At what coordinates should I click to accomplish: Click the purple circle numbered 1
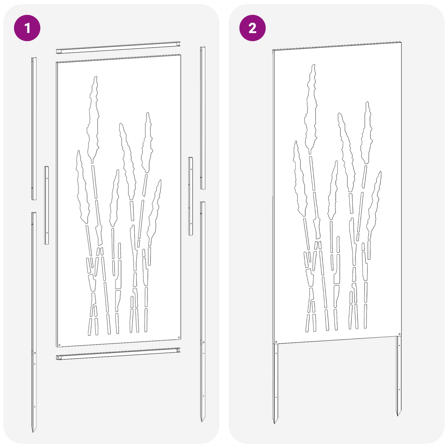click(27, 28)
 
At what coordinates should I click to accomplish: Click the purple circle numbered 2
click(252, 28)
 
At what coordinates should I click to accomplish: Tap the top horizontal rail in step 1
click(118, 48)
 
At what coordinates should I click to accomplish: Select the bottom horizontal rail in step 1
click(118, 354)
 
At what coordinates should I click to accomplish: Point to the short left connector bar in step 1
click(46, 205)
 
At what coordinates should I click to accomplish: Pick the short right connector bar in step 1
click(190, 196)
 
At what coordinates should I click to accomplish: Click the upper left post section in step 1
click(34, 129)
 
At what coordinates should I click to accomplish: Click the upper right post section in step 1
click(203, 118)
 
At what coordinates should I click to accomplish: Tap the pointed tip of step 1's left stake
click(33, 431)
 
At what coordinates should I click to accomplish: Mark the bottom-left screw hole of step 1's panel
click(59, 345)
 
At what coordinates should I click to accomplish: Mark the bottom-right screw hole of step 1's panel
click(178, 337)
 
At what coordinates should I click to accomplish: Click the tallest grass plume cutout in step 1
click(93, 120)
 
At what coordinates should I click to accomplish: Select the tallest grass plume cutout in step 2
click(311, 109)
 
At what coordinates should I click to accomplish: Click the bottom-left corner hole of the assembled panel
click(276, 342)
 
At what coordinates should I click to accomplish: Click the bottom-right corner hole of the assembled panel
click(399, 334)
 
